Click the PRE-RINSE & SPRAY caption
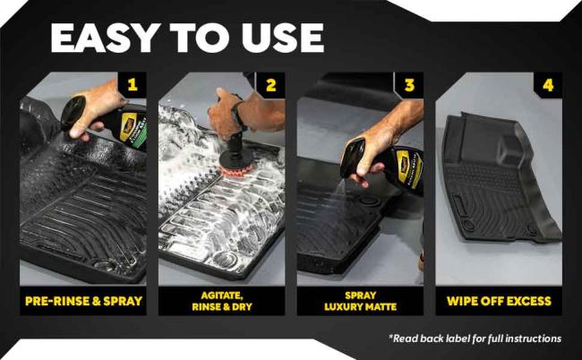point(82,301)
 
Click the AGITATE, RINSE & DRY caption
point(221,301)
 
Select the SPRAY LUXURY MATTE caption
point(360,301)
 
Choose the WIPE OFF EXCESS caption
point(498,301)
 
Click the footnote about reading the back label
point(475,339)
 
